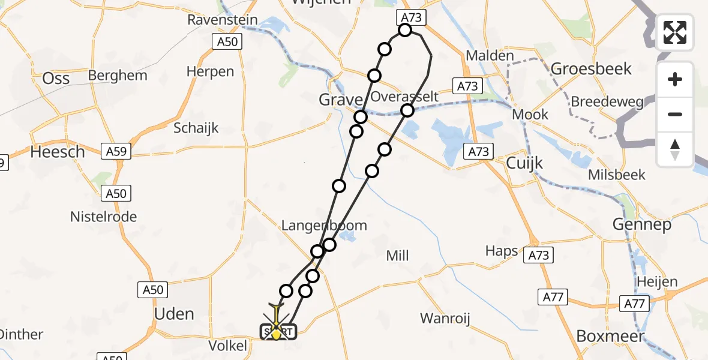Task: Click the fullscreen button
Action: point(675,32)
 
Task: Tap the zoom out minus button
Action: point(675,114)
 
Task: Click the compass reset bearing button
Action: point(675,149)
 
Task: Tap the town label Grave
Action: point(341,100)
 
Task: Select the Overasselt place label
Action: point(404,97)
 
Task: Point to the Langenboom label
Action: point(324,225)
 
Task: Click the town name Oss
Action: point(56,78)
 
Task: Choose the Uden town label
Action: point(174,313)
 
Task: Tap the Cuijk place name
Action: point(524,163)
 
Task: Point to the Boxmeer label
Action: point(610,336)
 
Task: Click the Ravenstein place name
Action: point(223,19)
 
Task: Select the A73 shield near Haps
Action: point(538,256)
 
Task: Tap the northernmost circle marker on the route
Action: point(405,30)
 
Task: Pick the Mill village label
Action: point(397,256)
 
